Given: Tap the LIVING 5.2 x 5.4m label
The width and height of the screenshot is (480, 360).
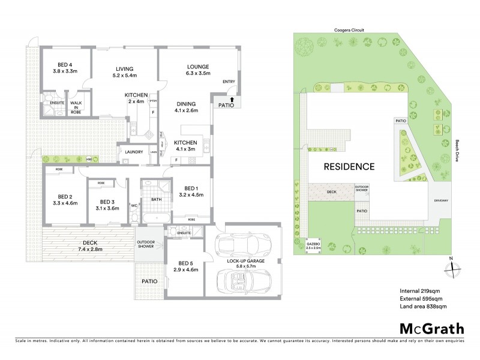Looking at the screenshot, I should pos(125,72).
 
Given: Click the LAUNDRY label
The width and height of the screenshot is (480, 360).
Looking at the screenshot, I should pos(133,152).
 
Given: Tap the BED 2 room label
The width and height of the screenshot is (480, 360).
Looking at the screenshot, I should pos(65,200).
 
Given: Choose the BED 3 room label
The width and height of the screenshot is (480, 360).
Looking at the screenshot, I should pos(107,205).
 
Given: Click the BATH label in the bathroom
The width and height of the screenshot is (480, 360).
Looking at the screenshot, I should pos(156,199).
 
